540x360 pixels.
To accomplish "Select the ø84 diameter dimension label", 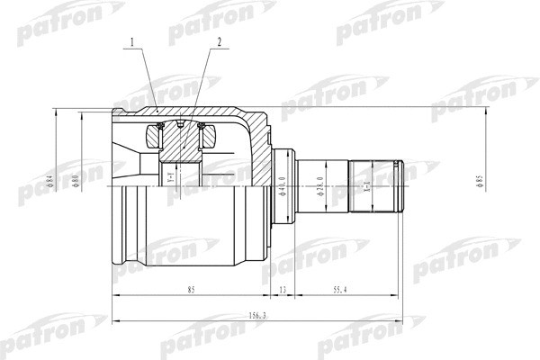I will point(51,182).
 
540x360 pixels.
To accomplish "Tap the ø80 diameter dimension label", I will point(77,182).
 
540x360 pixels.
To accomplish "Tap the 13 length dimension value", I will point(282,290).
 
